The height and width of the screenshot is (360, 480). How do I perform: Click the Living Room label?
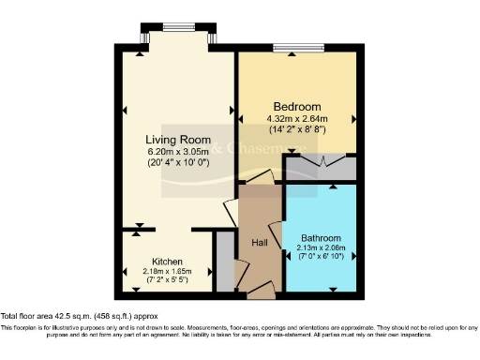pos(176,140)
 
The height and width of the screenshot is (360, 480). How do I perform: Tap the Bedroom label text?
pos(296,106)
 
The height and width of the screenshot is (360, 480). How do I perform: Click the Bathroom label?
pos(321,238)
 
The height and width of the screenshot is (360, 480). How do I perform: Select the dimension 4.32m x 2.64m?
pos(297,118)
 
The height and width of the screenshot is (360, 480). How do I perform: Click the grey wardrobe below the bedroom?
pos(321,170)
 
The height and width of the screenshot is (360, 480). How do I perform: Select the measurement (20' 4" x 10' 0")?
pos(176,162)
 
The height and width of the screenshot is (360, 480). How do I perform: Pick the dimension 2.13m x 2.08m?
pos(322,247)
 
